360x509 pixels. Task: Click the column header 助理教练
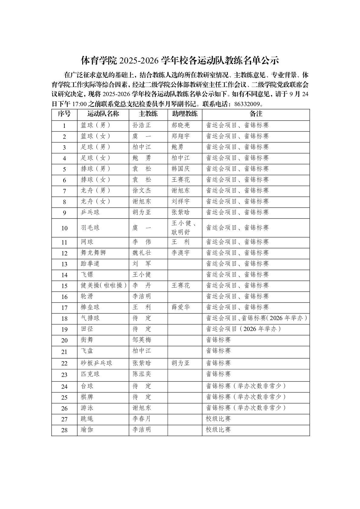[185, 114]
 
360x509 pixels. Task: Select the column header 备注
[256, 114]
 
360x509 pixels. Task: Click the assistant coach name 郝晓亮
[181, 125]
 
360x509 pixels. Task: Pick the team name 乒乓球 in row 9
[90, 212]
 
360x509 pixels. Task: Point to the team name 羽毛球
[90, 228]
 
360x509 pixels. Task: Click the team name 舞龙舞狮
[93, 253]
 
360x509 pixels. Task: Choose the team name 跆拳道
[90, 264]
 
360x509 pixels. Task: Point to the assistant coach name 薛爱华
[181, 307]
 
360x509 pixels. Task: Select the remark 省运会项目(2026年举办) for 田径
[243, 329]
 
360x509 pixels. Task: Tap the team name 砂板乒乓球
[96, 363]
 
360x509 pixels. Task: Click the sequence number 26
[64, 408]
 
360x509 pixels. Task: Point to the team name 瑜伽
[87, 430]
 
